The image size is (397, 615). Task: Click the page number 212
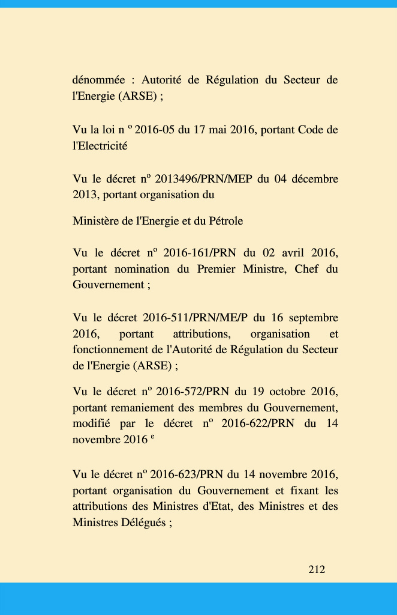coord(317,569)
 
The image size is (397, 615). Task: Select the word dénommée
coord(98,80)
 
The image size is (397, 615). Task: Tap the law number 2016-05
coord(155,130)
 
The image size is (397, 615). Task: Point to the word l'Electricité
coord(100,145)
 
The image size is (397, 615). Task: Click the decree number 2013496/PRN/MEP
coord(204,179)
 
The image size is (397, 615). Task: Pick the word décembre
coord(314,179)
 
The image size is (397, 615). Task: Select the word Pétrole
coord(224,221)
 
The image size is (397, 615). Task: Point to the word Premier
coord(216,268)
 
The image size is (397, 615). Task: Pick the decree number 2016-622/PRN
coord(257,423)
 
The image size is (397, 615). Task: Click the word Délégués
coord(143,522)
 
